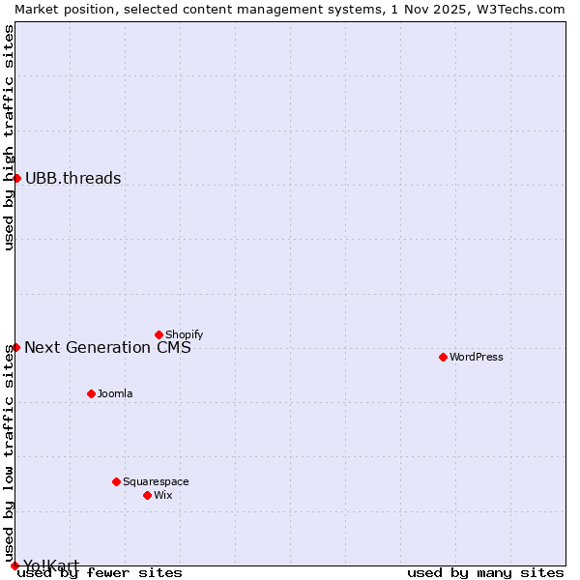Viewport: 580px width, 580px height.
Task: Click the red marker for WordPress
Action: point(443,357)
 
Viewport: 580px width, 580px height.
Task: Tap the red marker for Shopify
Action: point(159,334)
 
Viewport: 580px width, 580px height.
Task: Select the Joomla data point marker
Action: point(91,393)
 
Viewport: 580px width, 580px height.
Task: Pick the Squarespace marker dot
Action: point(116,481)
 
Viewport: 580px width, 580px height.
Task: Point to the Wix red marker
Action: point(147,495)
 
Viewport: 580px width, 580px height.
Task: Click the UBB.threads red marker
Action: point(16,178)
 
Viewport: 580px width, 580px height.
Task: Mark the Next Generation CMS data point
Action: point(15,347)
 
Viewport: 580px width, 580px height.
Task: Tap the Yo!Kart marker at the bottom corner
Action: point(14,565)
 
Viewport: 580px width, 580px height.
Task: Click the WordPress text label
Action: point(477,357)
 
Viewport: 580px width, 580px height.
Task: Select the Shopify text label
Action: point(184,334)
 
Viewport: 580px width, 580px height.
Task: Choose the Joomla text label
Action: point(115,393)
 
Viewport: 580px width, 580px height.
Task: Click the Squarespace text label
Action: point(156,481)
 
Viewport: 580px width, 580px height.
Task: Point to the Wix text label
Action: point(162,495)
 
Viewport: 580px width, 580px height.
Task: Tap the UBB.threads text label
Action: point(72,178)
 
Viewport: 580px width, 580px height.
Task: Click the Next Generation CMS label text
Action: point(107,347)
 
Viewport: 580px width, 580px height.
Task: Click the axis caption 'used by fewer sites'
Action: point(100,572)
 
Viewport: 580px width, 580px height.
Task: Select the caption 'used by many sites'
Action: point(485,572)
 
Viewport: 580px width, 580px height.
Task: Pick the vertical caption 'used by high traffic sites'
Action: point(9,137)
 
